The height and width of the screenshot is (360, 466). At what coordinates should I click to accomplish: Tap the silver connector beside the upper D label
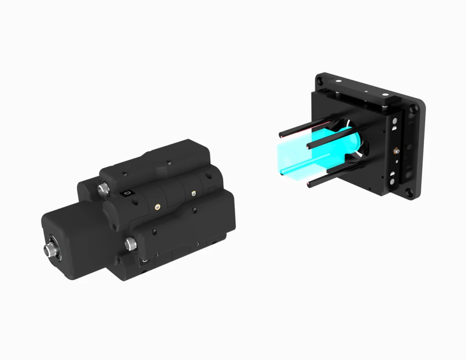103,188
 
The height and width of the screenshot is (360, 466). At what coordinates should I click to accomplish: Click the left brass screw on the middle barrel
157,206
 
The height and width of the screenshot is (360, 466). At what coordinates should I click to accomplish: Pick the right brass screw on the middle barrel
194,194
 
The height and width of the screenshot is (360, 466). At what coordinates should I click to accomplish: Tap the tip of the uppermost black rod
281,135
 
